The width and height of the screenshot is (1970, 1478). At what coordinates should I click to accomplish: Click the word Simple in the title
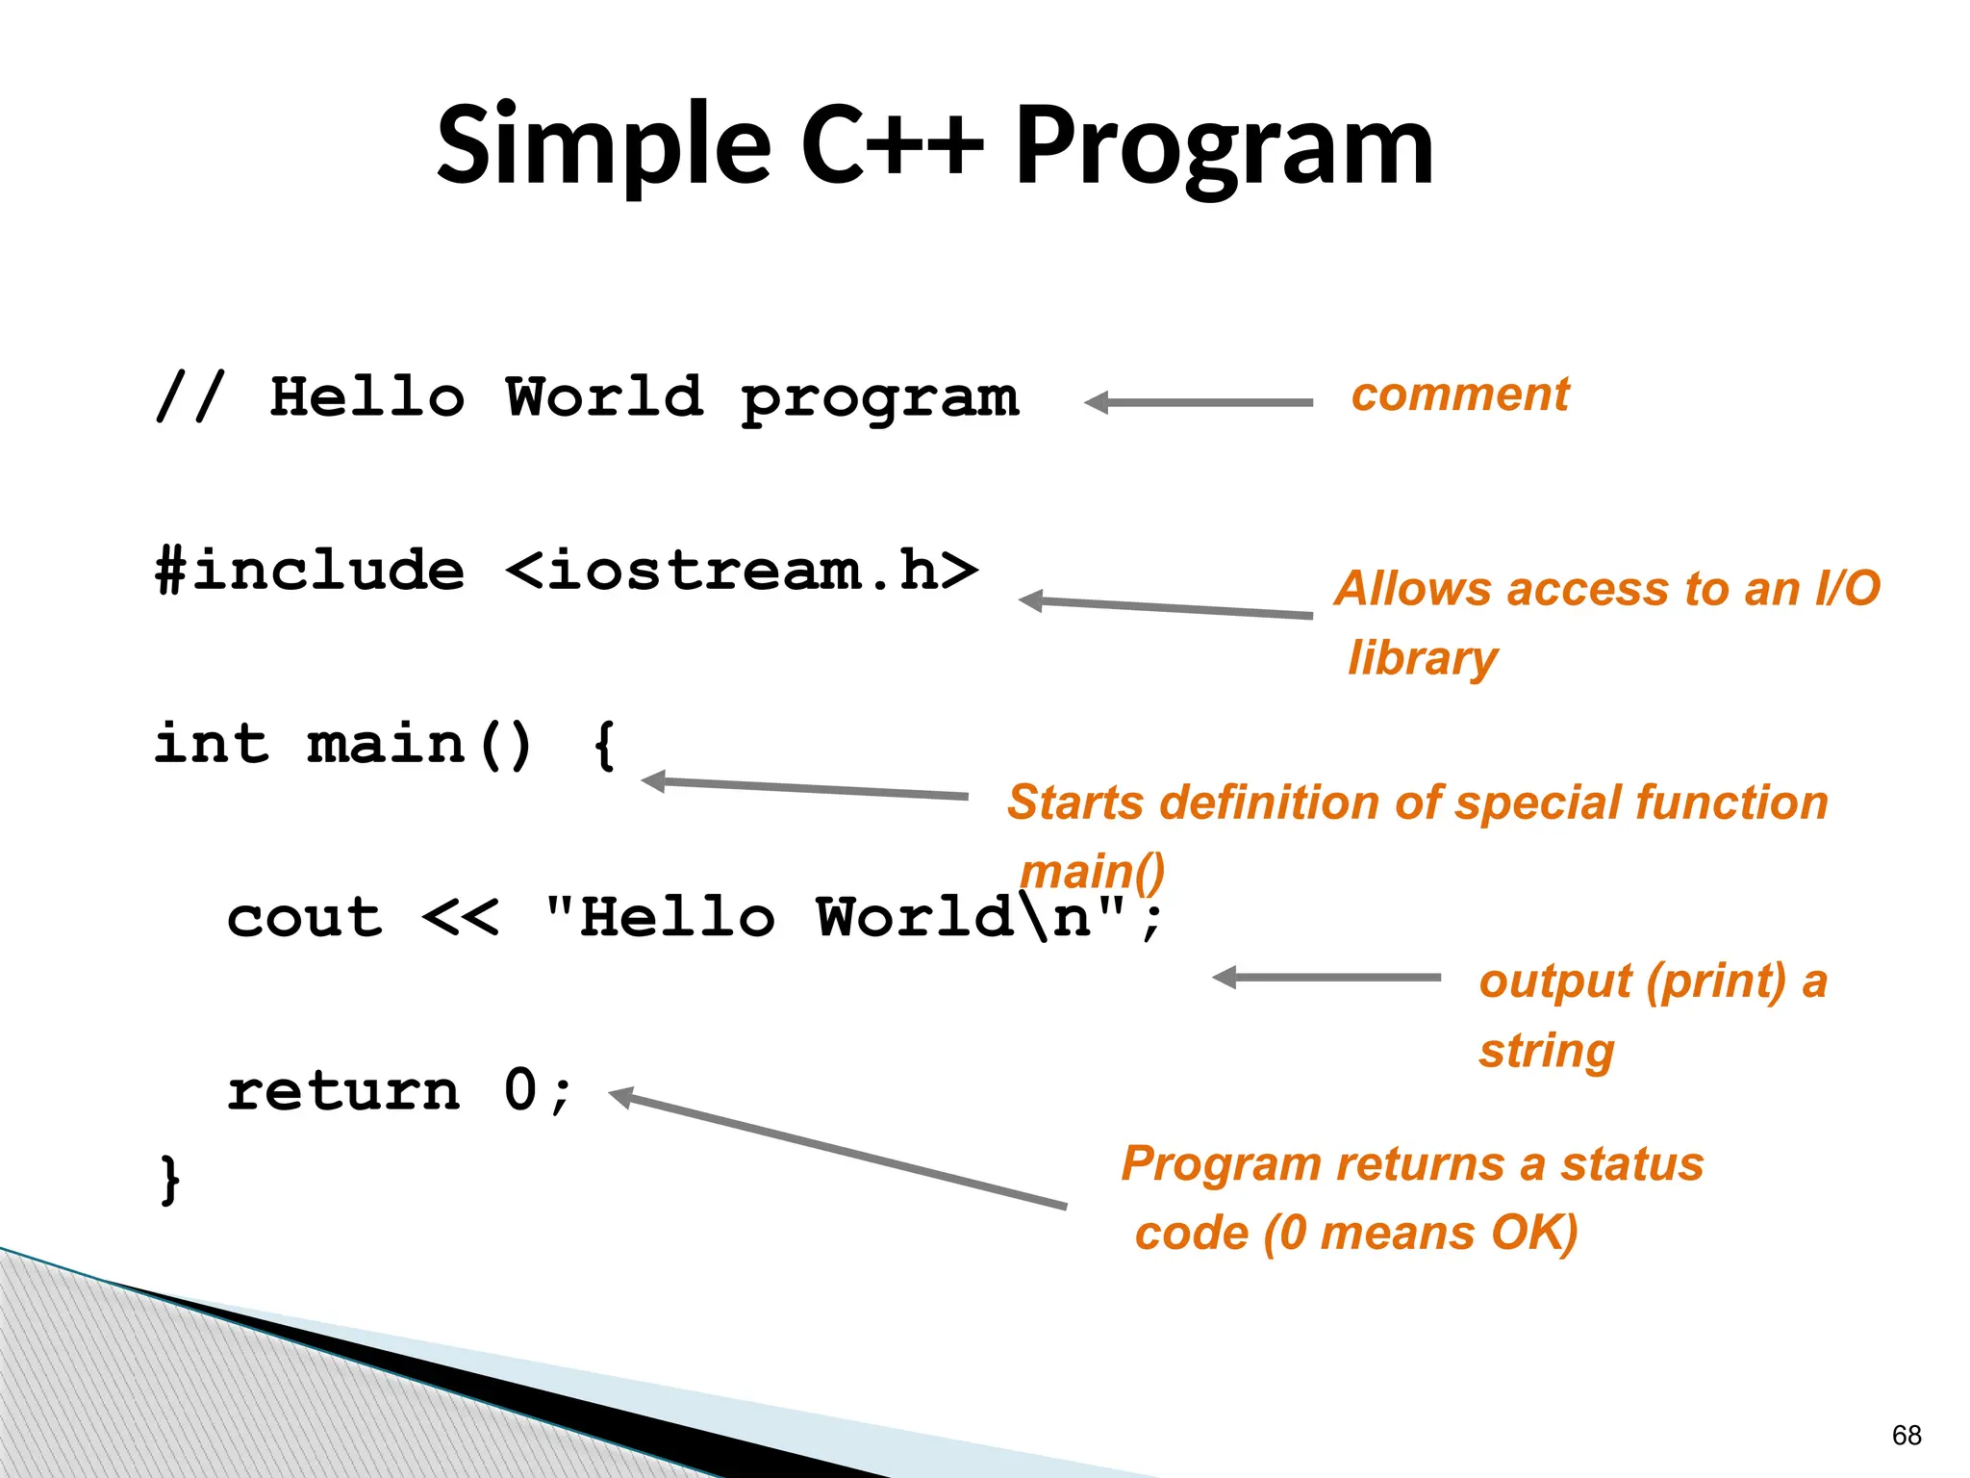click(603, 146)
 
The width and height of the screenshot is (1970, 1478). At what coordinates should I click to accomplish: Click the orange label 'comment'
click(1459, 395)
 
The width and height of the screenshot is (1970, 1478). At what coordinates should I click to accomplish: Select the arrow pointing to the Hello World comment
click(1199, 403)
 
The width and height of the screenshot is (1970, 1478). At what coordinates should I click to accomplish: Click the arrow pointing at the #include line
click(1165, 607)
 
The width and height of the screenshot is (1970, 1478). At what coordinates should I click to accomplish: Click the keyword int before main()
click(212, 744)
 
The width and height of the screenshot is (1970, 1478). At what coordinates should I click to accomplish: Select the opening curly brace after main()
click(603, 746)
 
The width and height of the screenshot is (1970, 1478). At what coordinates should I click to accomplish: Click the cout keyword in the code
click(305, 917)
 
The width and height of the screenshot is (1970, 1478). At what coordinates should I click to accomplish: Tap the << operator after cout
click(461, 917)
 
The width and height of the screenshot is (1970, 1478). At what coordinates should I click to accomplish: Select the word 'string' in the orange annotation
click(1546, 1051)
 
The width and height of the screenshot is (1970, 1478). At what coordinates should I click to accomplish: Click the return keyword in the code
click(343, 1091)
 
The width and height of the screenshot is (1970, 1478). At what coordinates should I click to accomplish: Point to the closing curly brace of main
click(169, 1180)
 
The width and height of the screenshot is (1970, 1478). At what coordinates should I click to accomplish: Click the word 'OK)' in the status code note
click(1533, 1234)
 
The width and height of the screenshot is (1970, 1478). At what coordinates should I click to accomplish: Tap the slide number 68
click(1906, 1435)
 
